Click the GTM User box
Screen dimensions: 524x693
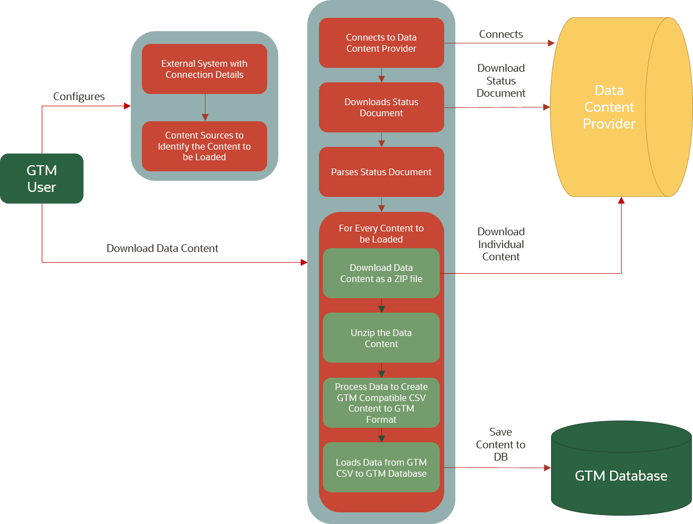pos(42,179)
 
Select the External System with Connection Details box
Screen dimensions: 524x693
pos(204,69)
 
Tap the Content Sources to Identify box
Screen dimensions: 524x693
pos(204,146)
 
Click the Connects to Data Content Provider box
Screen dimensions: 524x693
pos(381,43)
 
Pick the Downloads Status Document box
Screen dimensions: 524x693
pos(381,107)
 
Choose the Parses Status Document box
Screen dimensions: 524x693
pos(381,172)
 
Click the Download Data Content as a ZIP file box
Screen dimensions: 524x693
pos(381,273)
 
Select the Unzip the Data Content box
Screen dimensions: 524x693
pos(381,338)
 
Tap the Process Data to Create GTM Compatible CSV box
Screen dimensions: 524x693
pos(381,403)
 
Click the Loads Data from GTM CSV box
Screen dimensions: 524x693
pos(381,468)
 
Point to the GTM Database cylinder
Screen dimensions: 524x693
pos(621,476)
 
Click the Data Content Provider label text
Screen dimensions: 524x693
pos(609,107)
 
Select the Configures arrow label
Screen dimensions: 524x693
pos(78,97)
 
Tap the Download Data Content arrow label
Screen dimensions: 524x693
pos(162,248)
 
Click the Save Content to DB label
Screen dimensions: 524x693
pos(500,444)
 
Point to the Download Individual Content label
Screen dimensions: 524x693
pos(501,244)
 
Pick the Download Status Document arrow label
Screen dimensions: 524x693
pos(501,81)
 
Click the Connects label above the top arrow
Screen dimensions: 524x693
pos(501,34)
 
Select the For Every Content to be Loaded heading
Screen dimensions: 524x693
pos(381,234)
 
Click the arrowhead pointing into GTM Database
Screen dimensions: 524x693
pos(547,468)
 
